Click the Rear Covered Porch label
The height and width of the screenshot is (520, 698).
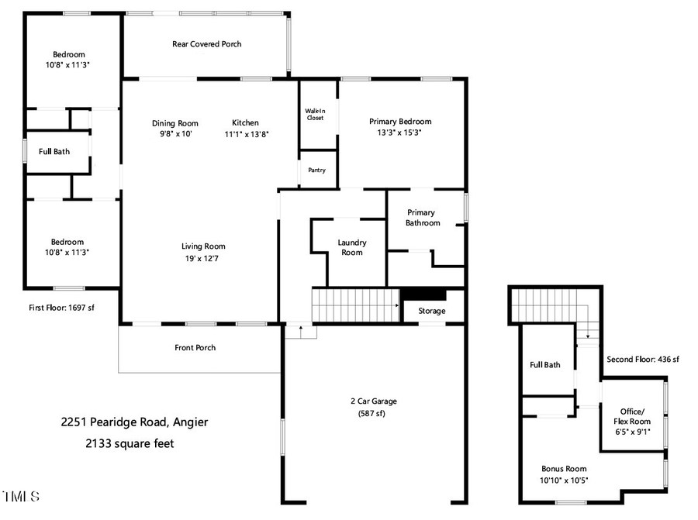(x=206, y=44)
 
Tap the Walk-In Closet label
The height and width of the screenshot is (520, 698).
(x=315, y=114)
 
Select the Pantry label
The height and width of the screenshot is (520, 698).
(x=316, y=170)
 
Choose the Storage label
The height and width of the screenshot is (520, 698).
(x=432, y=311)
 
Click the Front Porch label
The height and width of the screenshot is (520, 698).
(x=195, y=348)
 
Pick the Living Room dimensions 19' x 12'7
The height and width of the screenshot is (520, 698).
(x=205, y=258)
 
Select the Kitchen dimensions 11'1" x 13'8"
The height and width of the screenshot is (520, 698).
(x=247, y=134)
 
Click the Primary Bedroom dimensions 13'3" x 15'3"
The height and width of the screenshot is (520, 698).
(x=399, y=133)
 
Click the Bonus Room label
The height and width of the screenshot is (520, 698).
(x=564, y=468)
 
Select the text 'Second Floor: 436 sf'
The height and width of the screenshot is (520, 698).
(x=642, y=360)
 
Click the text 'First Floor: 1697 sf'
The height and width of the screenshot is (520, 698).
(x=61, y=308)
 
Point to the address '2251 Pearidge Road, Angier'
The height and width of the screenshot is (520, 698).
(x=135, y=422)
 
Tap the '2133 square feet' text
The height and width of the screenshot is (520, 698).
(x=130, y=444)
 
